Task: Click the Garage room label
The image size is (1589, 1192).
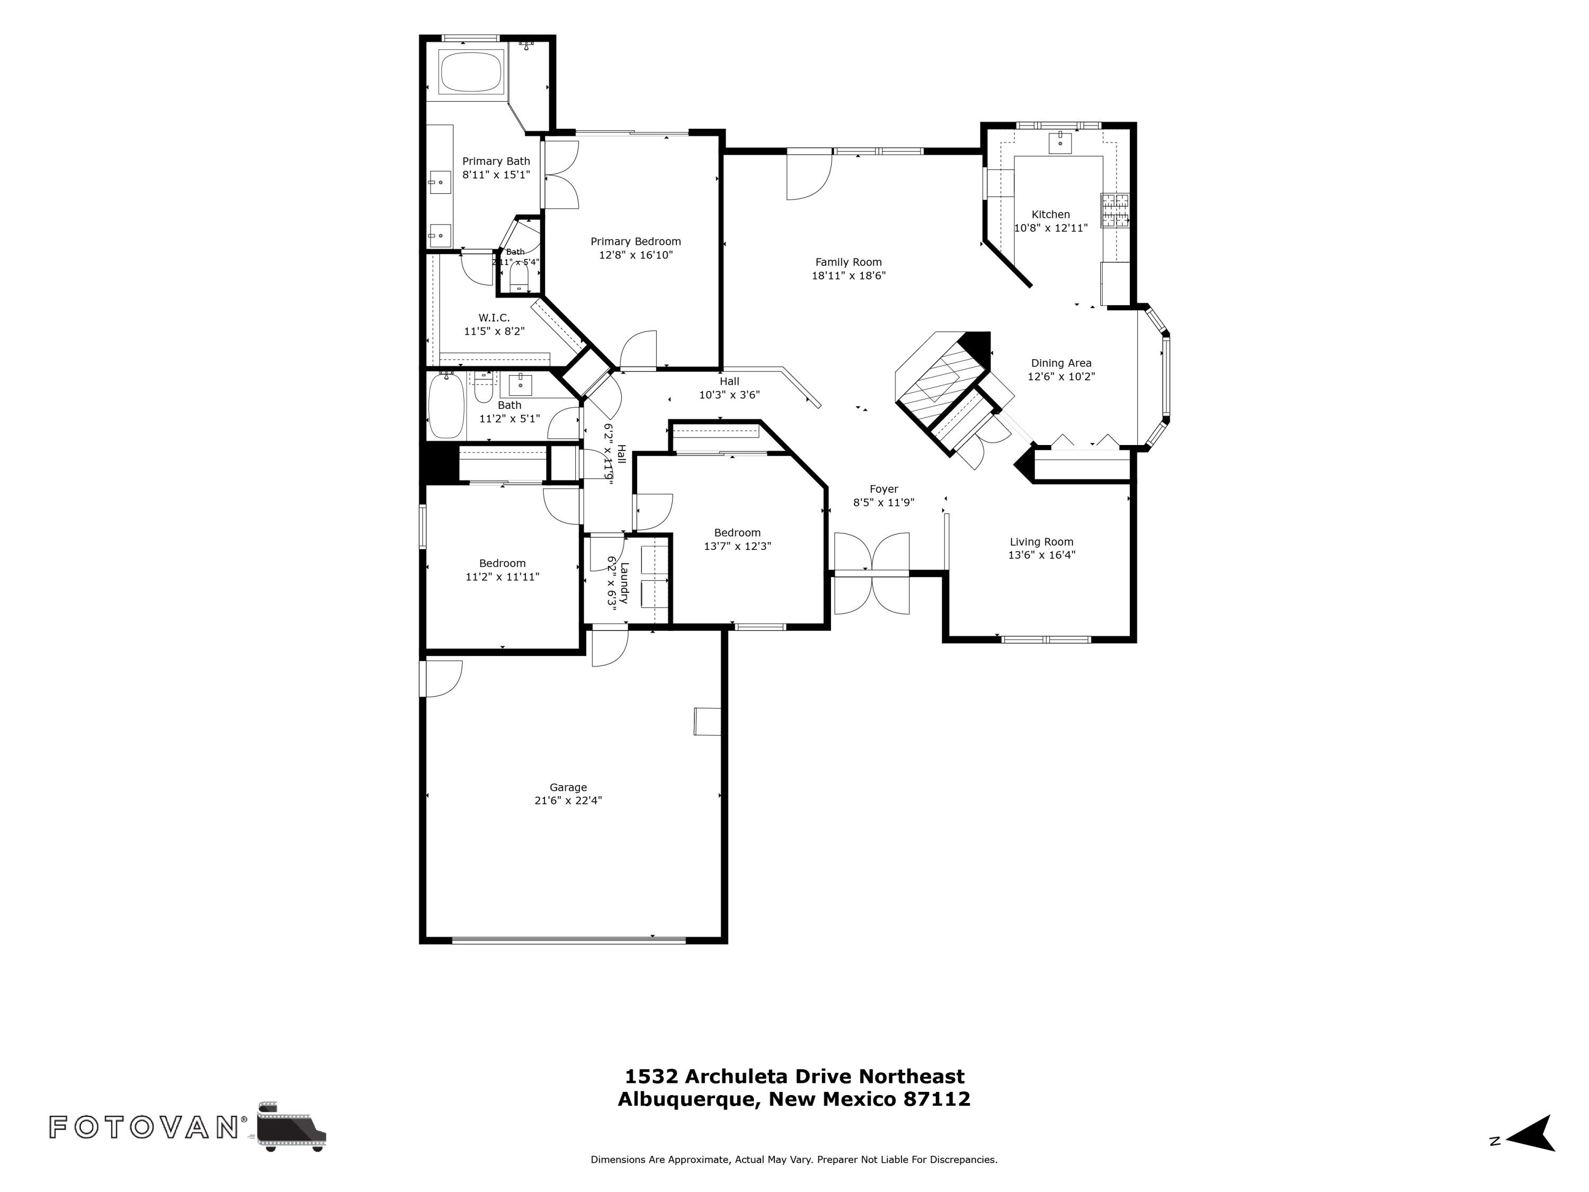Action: pos(568,787)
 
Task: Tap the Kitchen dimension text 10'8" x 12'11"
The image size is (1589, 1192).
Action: pos(1050,228)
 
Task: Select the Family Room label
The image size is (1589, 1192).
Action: pos(849,262)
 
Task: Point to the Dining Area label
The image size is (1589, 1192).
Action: pos(1061,363)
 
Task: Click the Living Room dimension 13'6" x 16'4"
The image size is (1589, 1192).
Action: pos(1042,555)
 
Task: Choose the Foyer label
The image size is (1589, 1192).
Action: pos(883,490)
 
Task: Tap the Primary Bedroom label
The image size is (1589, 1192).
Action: pos(636,242)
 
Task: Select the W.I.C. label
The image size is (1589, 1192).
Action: pos(494,317)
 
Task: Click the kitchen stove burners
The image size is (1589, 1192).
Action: pos(1115,210)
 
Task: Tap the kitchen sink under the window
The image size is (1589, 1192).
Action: pos(1059,143)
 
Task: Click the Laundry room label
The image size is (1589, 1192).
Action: pos(623,583)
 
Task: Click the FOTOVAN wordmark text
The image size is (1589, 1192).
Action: pos(144,1127)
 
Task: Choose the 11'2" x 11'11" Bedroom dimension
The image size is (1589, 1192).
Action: pos(502,576)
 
